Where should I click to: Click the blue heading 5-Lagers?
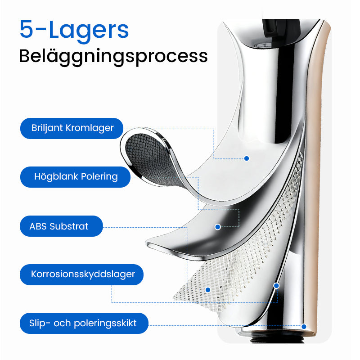tap(74, 29)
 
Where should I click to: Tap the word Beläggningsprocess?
tap(113, 56)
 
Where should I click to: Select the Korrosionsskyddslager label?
tap(83, 274)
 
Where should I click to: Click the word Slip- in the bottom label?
tap(39, 323)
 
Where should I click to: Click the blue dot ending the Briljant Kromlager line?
tap(247, 158)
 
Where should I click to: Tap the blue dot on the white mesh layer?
tap(207, 290)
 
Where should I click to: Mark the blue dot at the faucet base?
tap(304, 327)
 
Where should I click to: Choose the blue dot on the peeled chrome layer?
tap(218, 227)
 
